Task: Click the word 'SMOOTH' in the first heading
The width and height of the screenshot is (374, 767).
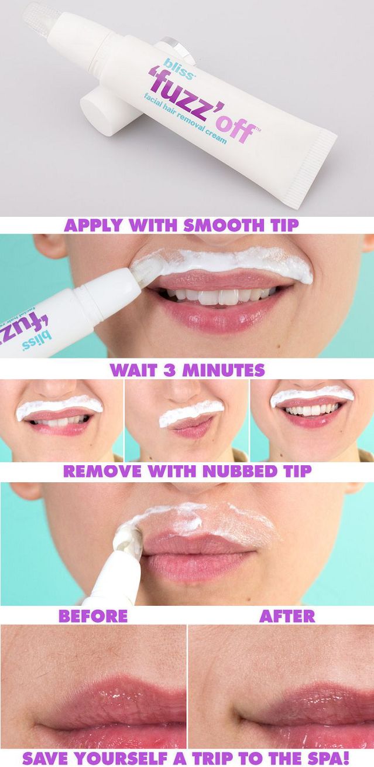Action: [x=224, y=226]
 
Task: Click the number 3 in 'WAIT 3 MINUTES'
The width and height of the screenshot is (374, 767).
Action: [x=169, y=370]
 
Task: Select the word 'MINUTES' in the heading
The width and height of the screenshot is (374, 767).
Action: [x=223, y=370]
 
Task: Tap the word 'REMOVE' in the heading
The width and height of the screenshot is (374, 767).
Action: [x=102, y=471]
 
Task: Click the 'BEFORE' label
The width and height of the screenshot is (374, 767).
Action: [x=93, y=616]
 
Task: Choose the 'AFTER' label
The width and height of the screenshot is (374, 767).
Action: [x=287, y=616]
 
